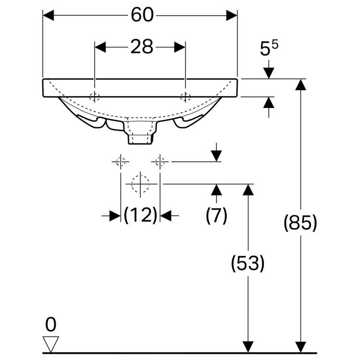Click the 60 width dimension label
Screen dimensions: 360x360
(142, 15)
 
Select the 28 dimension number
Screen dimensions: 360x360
(142, 47)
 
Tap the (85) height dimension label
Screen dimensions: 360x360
(300, 223)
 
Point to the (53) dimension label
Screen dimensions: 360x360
(248, 263)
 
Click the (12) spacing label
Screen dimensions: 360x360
(140, 215)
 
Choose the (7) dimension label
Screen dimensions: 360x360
(216, 215)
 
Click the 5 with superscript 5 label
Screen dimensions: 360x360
(269, 48)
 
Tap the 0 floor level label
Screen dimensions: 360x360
(50, 324)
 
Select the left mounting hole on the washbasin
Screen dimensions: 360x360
(95, 96)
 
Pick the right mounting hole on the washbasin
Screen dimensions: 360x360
(185, 96)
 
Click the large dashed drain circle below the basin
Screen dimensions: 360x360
(140, 184)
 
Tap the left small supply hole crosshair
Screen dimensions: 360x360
(120, 162)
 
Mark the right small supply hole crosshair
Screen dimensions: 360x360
(160, 162)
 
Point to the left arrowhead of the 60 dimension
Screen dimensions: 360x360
(48, 15)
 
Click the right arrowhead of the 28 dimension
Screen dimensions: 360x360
(180, 47)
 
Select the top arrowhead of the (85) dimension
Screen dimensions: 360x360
(300, 84)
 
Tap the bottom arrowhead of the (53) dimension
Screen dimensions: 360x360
(248, 347)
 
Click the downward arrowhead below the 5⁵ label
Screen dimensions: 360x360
(269, 73)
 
